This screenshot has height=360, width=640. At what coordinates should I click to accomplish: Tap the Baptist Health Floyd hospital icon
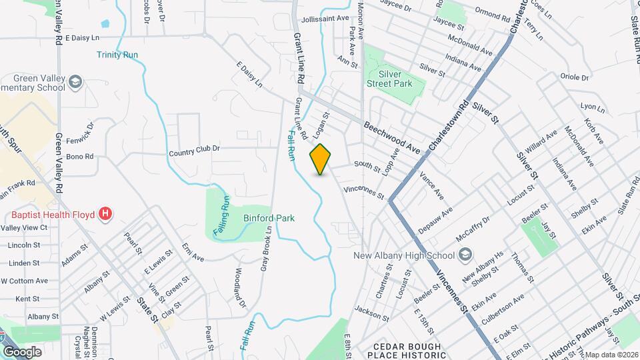[x=105, y=214]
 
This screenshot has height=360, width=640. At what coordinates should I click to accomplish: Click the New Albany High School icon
[x=465, y=255]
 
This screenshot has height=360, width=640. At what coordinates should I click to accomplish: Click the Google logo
[x=21, y=351]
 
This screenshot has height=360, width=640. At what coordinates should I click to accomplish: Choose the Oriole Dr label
[x=575, y=77]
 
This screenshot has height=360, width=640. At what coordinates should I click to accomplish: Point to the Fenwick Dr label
[x=81, y=131]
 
